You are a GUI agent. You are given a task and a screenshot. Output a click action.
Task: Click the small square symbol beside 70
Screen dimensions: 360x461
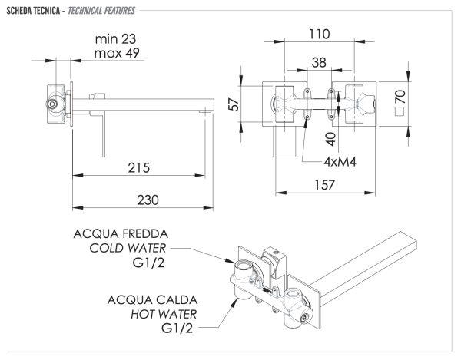(400, 111)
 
